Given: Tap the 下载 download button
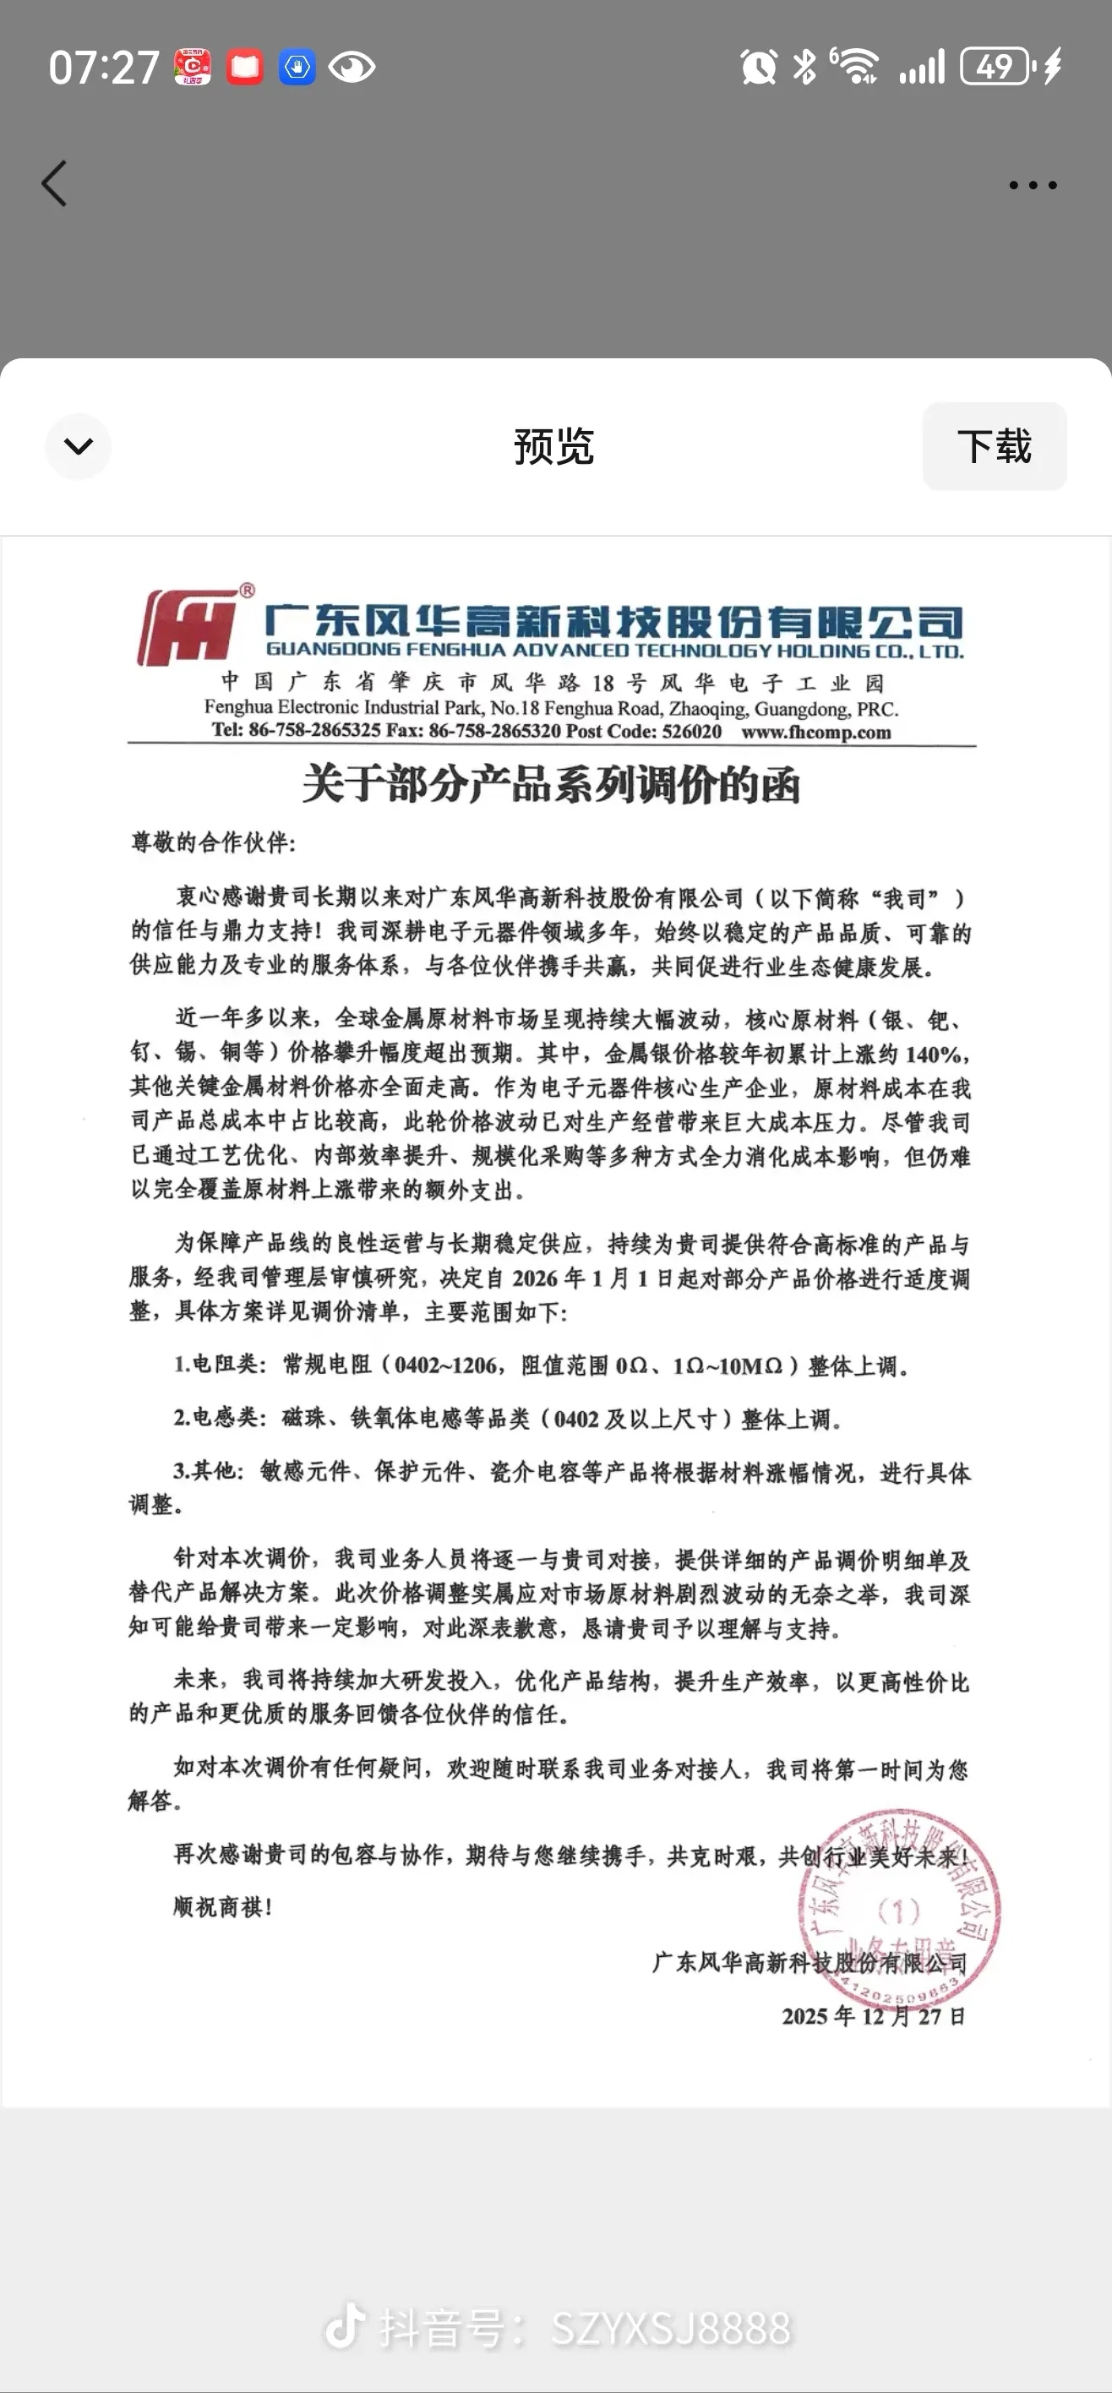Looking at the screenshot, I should pyautogui.click(x=994, y=447).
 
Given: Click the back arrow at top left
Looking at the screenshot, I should pyautogui.click(x=55, y=183).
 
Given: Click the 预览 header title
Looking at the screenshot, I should pyautogui.click(x=553, y=447).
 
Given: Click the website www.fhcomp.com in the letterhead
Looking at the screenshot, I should pyautogui.click(x=815, y=732).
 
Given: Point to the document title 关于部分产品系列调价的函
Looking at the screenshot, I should pyautogui.click(x=551, y=785).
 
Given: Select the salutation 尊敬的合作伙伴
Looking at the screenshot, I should pyautogui.click(x=213, y=842).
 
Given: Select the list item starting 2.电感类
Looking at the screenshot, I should pyautogui.click(x=507, y=1419).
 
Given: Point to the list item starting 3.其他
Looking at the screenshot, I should pyautogui.click(x=570, y=1473).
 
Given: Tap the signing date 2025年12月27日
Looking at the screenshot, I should pyautogui.click(x=873, y=2016).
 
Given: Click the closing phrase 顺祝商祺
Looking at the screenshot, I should pyautogui.click(x=223, y=1907).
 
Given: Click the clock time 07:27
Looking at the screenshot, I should pyautogui.click(x=104, y=68).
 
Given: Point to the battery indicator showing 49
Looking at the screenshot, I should pyautogui.click(x=995, y=67).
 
